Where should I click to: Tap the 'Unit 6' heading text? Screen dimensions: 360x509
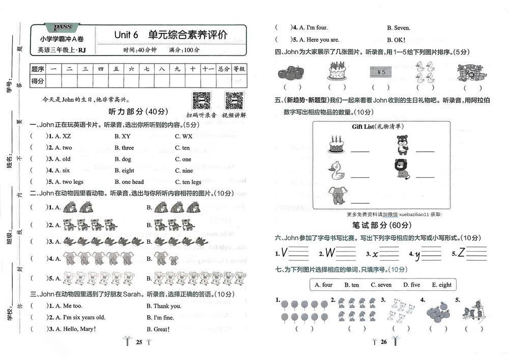[126, 35]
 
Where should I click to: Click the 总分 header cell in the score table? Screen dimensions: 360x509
[223, 69]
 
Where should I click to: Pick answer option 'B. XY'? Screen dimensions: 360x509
[123, 136]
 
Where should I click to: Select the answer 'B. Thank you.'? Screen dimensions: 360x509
[164, 306]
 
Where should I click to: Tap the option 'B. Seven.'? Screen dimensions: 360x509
[399, 28]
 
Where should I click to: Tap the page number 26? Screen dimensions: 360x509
[384, 342]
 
